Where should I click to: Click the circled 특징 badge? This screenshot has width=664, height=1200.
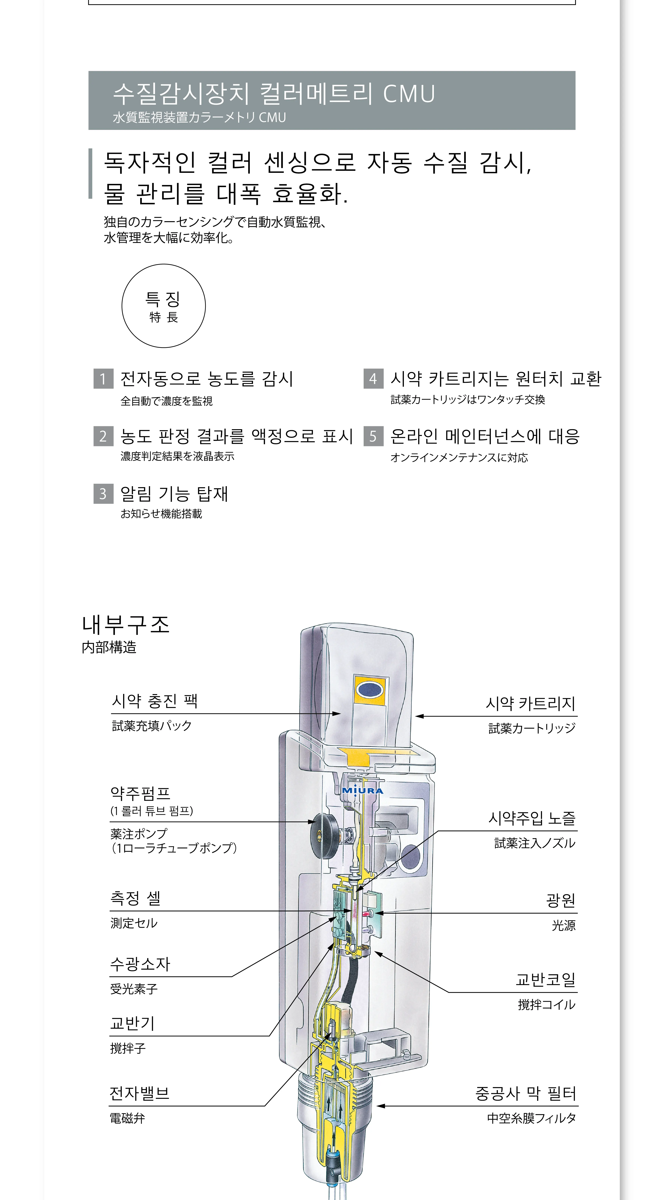163,306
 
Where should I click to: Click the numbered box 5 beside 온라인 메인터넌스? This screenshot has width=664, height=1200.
373,436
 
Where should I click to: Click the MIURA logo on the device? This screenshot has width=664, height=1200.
363,790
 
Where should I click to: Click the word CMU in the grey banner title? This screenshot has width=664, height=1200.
409,94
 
